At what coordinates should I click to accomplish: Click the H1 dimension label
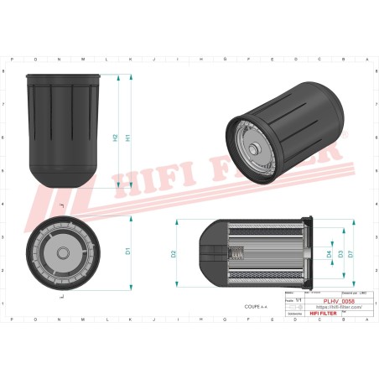(127, 138)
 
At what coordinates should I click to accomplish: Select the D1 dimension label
(127, 250)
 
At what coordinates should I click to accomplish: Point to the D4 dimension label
(329, 253)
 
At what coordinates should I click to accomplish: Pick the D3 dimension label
(340, 253)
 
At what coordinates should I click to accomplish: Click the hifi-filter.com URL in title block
(338, 308)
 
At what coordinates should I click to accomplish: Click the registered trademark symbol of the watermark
(341, 135)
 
